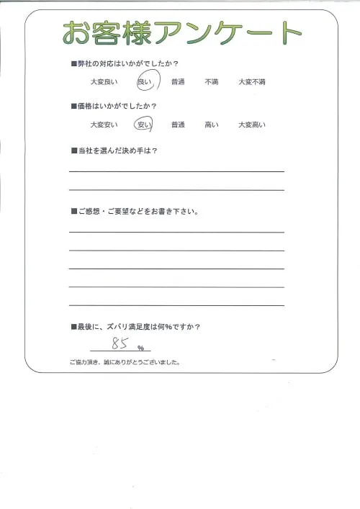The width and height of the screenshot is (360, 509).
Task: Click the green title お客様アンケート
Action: click(182, 32)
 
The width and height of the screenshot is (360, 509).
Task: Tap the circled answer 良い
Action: click(145, 82)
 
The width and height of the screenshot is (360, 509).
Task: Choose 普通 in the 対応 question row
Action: click(178, 82)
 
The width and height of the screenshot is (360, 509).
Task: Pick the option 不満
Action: click(212, 82)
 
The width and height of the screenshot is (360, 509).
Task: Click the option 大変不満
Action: click(252, 82)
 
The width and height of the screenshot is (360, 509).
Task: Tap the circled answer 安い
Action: click(144, 125)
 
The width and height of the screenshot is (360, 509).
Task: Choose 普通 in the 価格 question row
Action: click(178, 125)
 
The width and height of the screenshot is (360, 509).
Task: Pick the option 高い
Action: click(212, 125)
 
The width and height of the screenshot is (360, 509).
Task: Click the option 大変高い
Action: click(252, 125)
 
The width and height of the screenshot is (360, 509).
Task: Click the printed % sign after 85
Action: click(141, 348)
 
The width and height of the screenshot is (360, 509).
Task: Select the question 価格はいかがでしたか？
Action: click(118, 107)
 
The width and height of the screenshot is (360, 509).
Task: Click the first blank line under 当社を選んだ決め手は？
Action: click(176, 171)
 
